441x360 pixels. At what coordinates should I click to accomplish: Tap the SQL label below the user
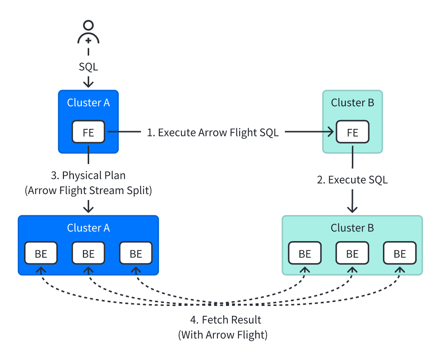pyautogui.click(x=88, y=67)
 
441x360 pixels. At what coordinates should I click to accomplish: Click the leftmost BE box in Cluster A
pyautogui.click(x=41, y=254)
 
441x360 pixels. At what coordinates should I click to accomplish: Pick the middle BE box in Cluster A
pyautogui.click(x=88, y=254)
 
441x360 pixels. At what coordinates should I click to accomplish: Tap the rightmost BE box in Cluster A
pyautogui.click(x=136, y=254)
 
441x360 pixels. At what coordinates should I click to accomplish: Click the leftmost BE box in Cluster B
pyautogui.click(x=305, y=254)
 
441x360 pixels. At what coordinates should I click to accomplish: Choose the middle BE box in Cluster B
pyautogui.click(x=352, y=254)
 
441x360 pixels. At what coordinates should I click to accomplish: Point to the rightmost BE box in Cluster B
pyautogui.click(x=400, y=254)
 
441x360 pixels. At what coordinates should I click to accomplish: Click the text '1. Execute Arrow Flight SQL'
pyautogui.click(x=213, y=133)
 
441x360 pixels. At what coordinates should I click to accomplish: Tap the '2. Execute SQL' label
pyautogui.click(x=352, y=180)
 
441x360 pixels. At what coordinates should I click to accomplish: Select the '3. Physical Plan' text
pyautogui.click(x=88, y=175)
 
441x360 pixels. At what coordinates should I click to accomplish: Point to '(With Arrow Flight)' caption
pyautogui.click(x=222, y=335)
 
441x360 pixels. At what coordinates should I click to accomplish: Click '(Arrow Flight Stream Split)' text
pyautogui.click(x=88, y=190)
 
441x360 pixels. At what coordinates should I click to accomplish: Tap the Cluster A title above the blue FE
pyautogui.click(x=88, y=103)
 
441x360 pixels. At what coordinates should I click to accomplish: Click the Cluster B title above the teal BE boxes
pyautogui.click(x=352, y=228)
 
